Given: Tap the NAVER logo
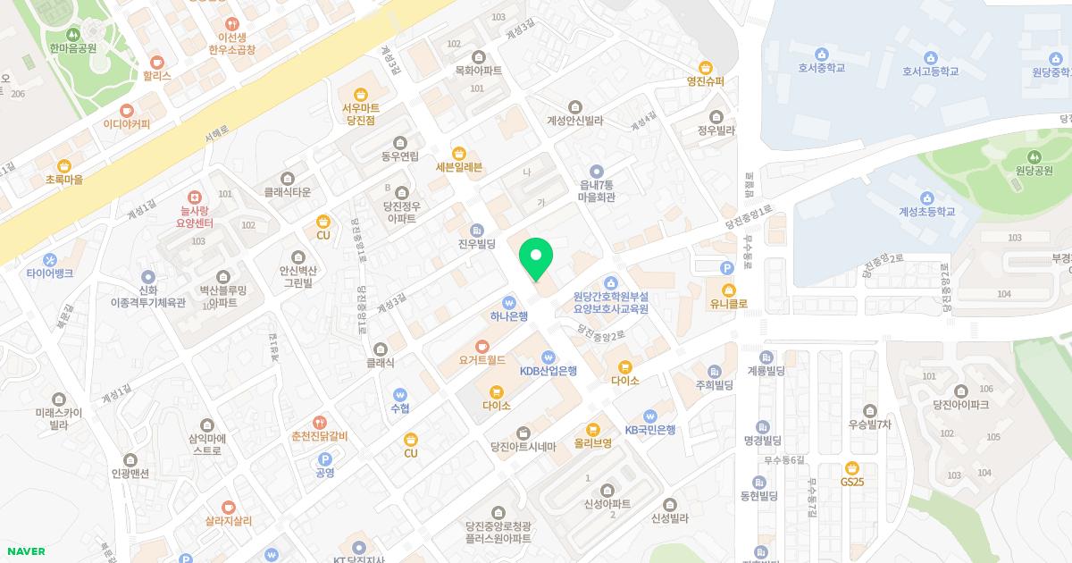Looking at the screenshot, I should tap(25, 551).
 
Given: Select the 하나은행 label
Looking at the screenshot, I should tap(509, 316).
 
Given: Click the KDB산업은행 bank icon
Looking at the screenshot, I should tap(549, 357).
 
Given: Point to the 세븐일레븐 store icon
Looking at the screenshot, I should tap(459, 153).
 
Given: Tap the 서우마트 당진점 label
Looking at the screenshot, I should tap(361, 113).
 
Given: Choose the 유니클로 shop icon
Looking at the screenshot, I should tap(729, 290).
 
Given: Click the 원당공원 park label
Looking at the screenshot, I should tap(1034, 171).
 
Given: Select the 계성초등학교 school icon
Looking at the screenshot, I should tap(926, 198).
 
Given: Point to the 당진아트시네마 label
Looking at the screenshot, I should tap(523, 447).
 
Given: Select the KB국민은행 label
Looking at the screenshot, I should tap(649, 430).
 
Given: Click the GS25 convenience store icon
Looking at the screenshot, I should tap(852, 467).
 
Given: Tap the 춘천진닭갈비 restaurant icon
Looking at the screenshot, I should tap(319, 423).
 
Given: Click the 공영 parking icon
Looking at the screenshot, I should tap(324, 459).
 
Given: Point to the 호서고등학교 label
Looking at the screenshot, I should tap(930, 71).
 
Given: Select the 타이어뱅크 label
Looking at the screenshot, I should tap(50, 273).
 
